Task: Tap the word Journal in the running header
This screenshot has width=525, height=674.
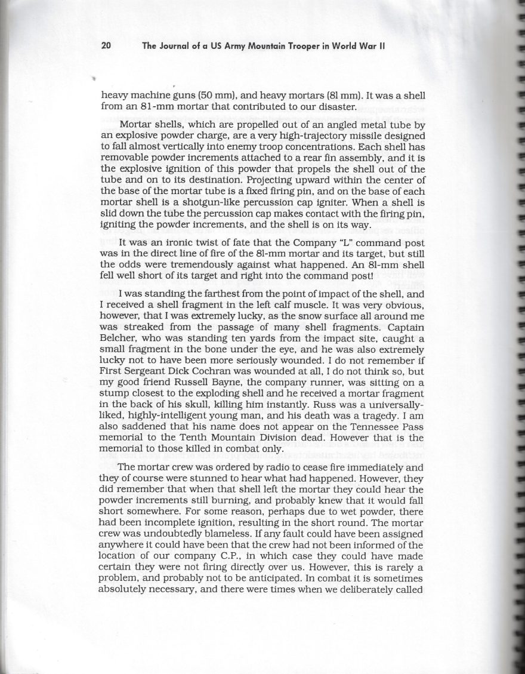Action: click(178, 45)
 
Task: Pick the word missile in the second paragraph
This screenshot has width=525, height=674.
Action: click(329, 136)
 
